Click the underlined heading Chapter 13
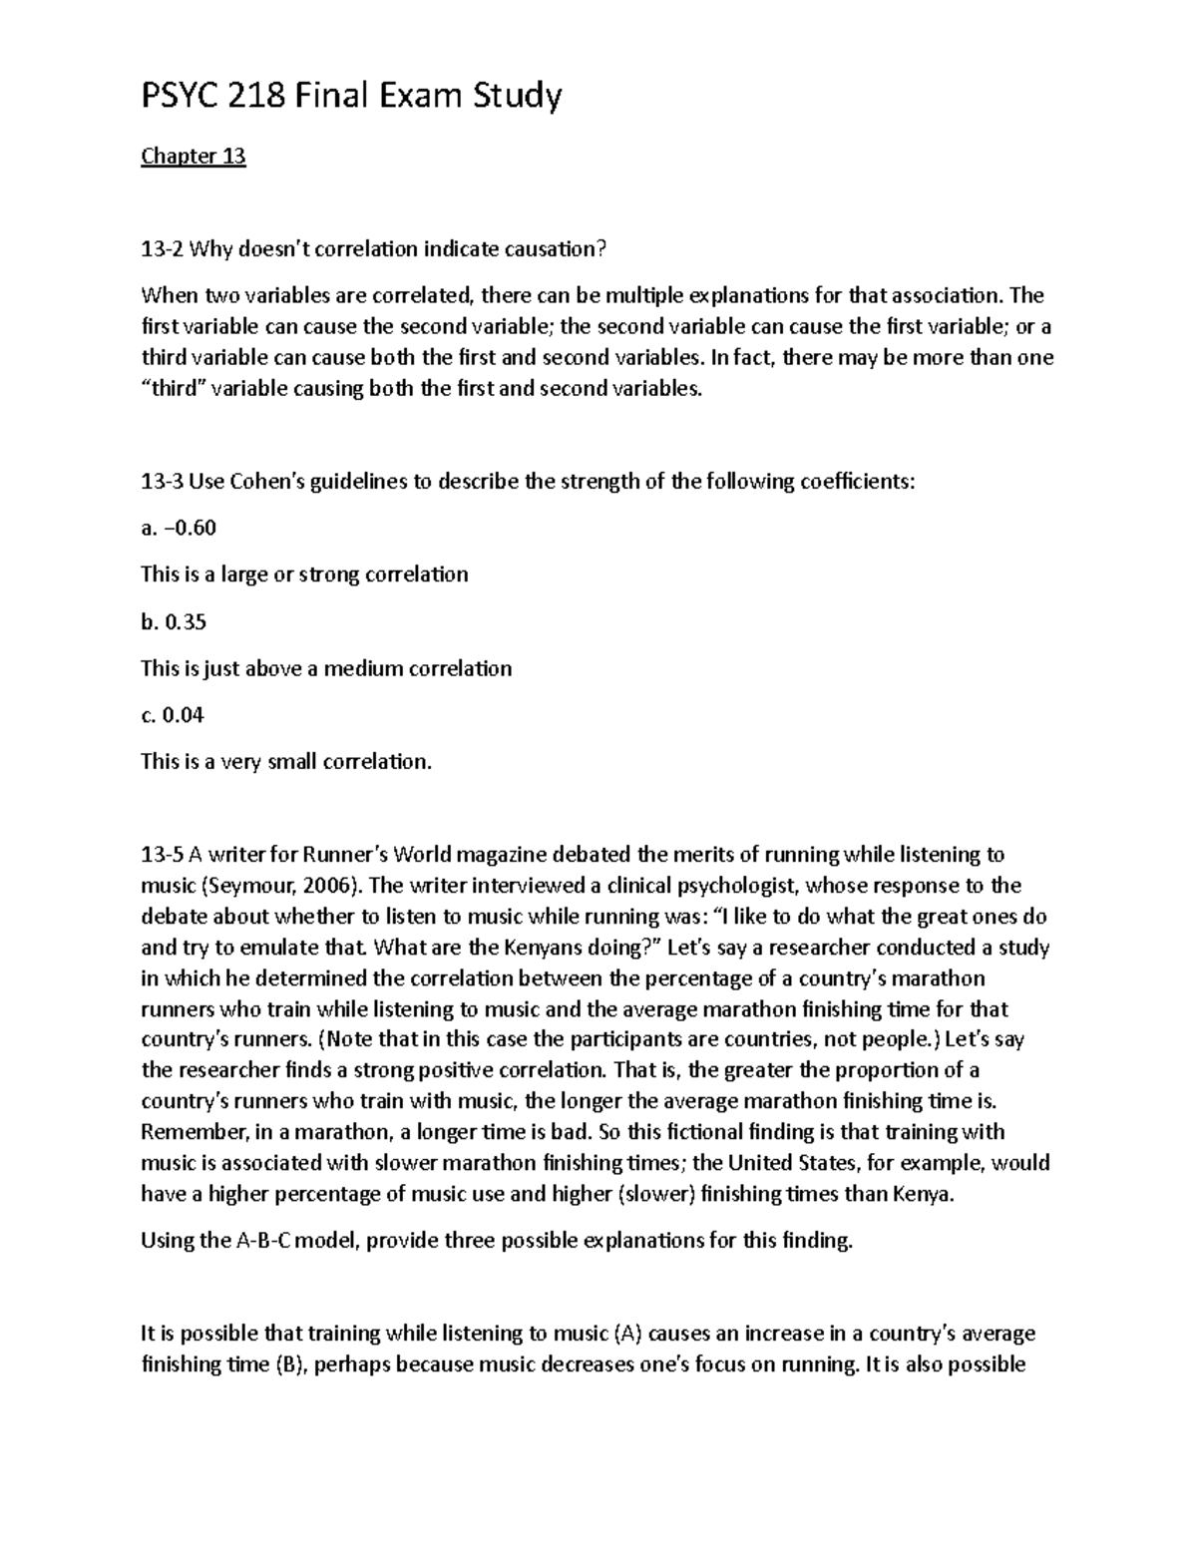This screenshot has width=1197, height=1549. tap(193, 157)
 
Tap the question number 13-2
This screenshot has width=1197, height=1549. tap(163, 249)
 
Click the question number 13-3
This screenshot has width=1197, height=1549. tap(163, 482)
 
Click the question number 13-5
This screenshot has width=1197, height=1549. tap(163, 855)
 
